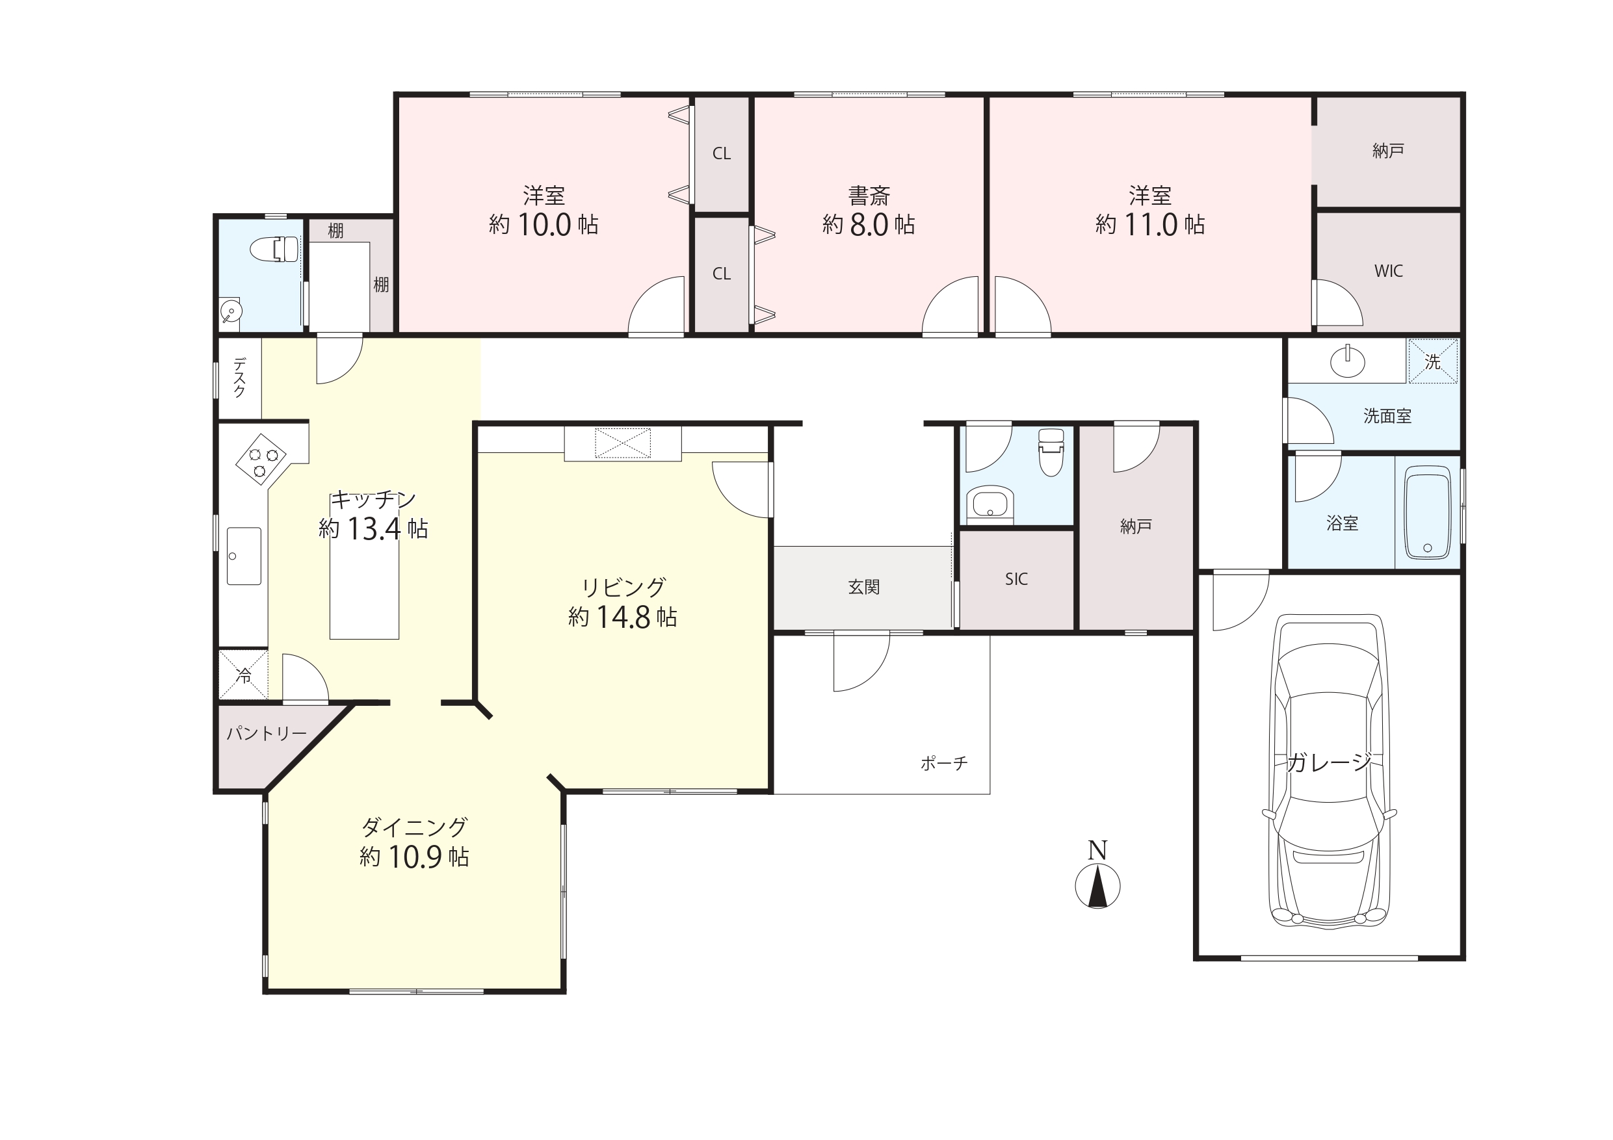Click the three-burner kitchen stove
coord(260,460)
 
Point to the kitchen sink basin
coord(244,556)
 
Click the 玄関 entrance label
coord(863,587)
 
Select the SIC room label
coord(1016,580)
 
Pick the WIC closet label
coord(1388,271)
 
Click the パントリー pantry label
coord(267,734)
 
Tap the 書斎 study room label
coord(869,194)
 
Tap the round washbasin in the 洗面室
coord(1348,362)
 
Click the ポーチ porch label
coord(944,763)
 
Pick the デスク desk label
coord(239,378)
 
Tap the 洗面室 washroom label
coord(1387,416)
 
